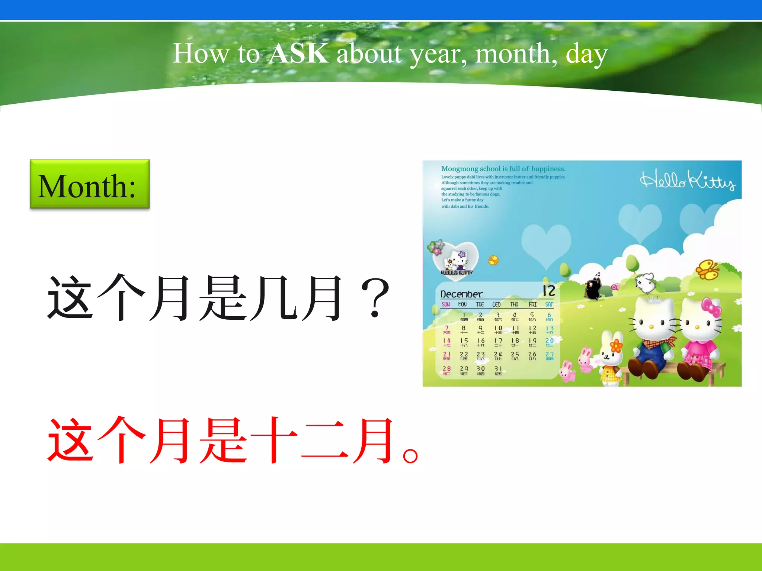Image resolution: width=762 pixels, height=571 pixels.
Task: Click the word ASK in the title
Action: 299,54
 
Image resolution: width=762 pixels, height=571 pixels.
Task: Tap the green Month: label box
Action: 90,184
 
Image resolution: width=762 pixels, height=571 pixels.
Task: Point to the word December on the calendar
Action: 461,294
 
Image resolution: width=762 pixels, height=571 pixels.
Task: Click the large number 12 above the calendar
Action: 549,291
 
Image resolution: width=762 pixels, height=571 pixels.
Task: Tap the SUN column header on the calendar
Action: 446,304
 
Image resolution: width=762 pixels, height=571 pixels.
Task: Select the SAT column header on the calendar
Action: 549,304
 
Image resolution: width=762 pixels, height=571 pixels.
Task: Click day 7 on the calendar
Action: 446,329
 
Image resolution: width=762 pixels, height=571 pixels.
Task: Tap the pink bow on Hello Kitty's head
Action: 711,308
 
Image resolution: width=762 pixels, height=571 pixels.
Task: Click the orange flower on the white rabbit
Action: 616,346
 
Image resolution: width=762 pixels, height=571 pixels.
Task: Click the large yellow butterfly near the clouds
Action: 707,269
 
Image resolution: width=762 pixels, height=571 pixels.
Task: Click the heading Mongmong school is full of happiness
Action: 503,169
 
